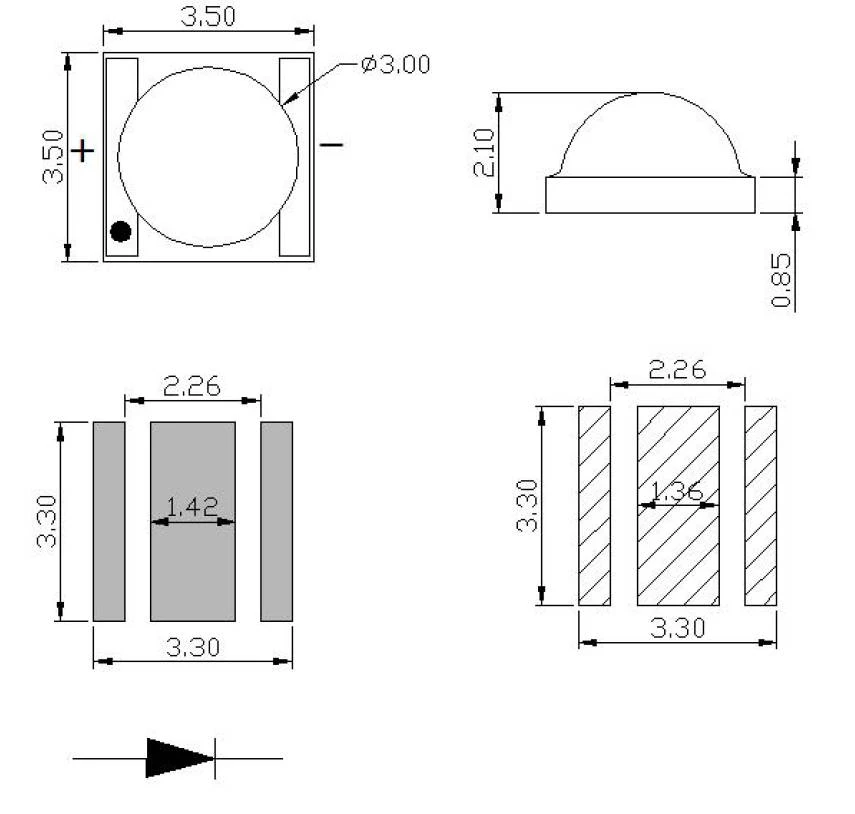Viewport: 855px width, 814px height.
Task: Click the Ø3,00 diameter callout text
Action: (x=396, y=64)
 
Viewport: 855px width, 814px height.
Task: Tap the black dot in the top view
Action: (x=121, y=231)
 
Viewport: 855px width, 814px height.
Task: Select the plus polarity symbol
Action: (x=82, y=150)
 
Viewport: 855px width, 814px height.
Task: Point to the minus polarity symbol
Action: (x=331, y=144)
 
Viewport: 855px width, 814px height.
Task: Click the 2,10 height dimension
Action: (x=484, y=152)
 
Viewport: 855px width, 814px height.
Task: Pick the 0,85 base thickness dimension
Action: (x=781, y=280)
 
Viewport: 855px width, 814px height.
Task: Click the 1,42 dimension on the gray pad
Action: (x=192, y=507)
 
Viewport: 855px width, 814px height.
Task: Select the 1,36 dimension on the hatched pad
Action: (x=677, y=491)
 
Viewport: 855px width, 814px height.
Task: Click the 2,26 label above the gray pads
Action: (x=192, y=387)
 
